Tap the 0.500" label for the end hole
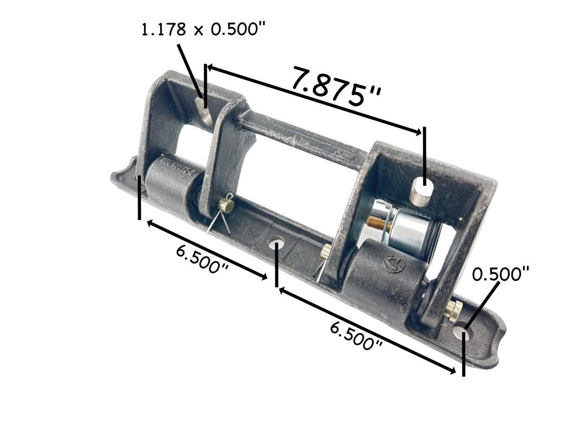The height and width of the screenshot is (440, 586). pos(501,274)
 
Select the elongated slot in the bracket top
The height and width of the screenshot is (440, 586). pos(202,110)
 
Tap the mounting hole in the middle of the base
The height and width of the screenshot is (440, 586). pos(277,242)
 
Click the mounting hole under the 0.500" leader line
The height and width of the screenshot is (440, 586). pos(461,332)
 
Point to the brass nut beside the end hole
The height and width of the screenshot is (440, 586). pos(454,309)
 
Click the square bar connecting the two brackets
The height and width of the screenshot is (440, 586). pos(303,137)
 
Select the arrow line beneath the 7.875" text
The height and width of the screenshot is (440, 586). pos(313,98)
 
